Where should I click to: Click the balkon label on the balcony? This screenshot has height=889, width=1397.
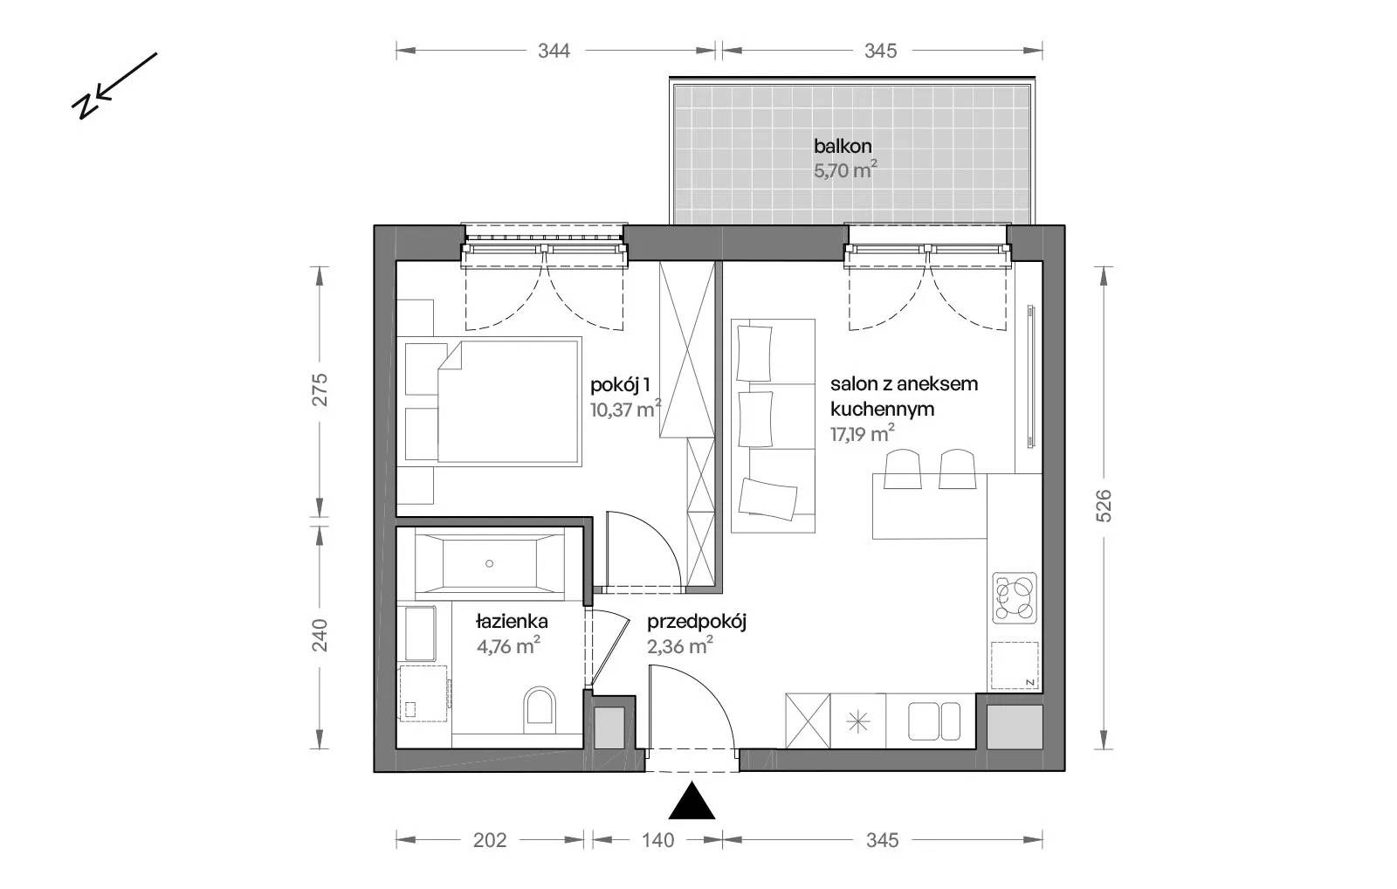coord(843,147)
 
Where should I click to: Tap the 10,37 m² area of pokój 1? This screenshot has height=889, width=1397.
coord(625,410)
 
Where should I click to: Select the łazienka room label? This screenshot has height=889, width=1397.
coord(512,622)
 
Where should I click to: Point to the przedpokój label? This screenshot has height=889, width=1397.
coord(697,622)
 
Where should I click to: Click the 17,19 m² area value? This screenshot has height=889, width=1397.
coord(863,433)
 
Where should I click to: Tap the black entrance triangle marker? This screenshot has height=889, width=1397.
coord(691,801)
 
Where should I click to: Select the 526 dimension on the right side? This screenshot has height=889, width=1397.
coord(1104,506)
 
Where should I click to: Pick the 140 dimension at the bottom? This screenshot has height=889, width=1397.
coord(658,840)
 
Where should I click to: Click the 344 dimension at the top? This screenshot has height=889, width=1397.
coord(554,51)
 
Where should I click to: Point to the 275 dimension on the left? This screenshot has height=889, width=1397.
coord(320,389)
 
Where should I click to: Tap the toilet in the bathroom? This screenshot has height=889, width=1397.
coord(540,711)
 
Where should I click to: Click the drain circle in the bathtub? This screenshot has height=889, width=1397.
coord(490,563)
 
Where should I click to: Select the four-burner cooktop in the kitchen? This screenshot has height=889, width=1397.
coord(1015,598)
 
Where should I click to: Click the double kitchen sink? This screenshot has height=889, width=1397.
coord(934,722)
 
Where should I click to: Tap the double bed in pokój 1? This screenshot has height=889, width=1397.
coord(490,402)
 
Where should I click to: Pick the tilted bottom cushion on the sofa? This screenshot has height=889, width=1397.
coord(767,499)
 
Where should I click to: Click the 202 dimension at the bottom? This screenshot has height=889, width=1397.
coord(490,840)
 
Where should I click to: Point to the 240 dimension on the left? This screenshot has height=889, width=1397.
coord(320,635)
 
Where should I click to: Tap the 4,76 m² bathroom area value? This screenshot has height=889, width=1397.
coord(508,645)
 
